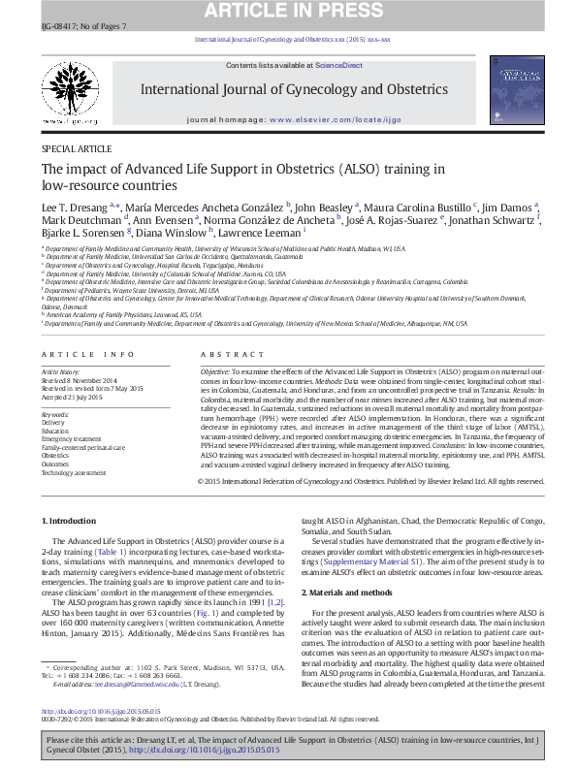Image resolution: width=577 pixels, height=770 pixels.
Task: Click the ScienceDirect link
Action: tap(337, 65)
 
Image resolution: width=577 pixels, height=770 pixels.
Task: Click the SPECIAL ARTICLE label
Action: tap(77, 148)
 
